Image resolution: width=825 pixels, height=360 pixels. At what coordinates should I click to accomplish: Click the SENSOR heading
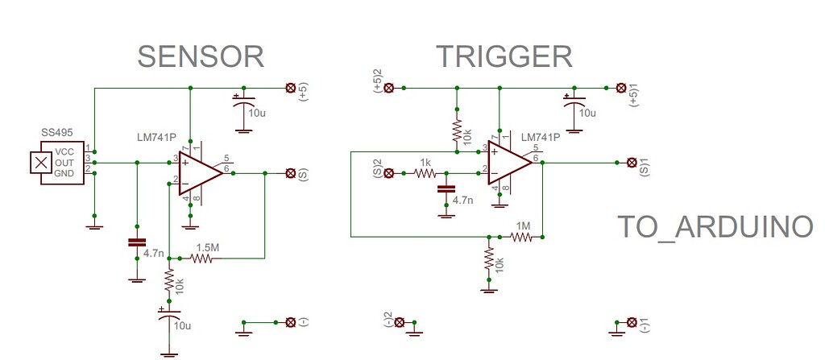coord(201,57)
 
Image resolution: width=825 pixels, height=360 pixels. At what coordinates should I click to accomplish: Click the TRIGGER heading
coord(504,57)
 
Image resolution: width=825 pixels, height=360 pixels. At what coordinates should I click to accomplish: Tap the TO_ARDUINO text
coord(715,228)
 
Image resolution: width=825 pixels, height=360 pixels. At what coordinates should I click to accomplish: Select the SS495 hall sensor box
coord(61,163)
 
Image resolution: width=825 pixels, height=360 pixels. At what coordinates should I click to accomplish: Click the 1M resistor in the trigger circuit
coord(521,237)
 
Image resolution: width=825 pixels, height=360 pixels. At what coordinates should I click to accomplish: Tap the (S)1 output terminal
coord(632,163)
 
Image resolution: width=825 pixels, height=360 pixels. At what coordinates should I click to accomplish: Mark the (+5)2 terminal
coord(388,87)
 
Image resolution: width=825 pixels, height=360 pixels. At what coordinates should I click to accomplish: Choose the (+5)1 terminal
coord(621,87)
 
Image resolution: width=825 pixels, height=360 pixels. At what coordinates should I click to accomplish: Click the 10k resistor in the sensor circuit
coord(168,280)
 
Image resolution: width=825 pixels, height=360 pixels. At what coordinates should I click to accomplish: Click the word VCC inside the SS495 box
coord(65,152)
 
